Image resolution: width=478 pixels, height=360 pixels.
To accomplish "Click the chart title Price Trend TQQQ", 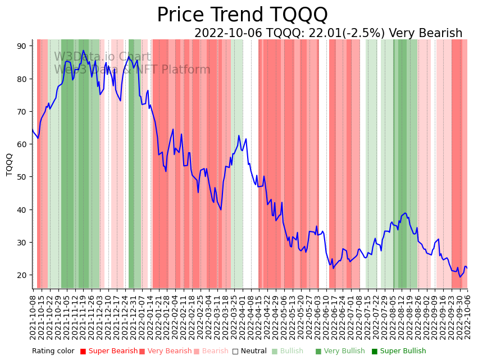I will coord(242,15).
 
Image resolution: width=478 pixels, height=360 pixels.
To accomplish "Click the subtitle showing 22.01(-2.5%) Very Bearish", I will coord(328,33).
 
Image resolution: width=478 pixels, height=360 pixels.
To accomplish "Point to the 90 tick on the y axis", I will coord(22,45).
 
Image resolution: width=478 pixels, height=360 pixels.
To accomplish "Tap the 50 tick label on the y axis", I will coord(22,177).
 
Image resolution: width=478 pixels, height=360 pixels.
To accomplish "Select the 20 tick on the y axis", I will coord(22,275).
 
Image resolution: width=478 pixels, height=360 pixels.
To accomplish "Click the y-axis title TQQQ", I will coord(10,165).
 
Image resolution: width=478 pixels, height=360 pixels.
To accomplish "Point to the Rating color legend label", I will coord(53,351).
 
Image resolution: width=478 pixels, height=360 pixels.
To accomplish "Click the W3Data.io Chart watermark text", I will coord(102,57).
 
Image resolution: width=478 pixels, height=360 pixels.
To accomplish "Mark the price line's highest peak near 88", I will coord(83,51).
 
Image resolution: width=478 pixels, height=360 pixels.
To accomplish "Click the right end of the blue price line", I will coord(467,268).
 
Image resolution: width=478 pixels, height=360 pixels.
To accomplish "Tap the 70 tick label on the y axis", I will coord(22,111).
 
